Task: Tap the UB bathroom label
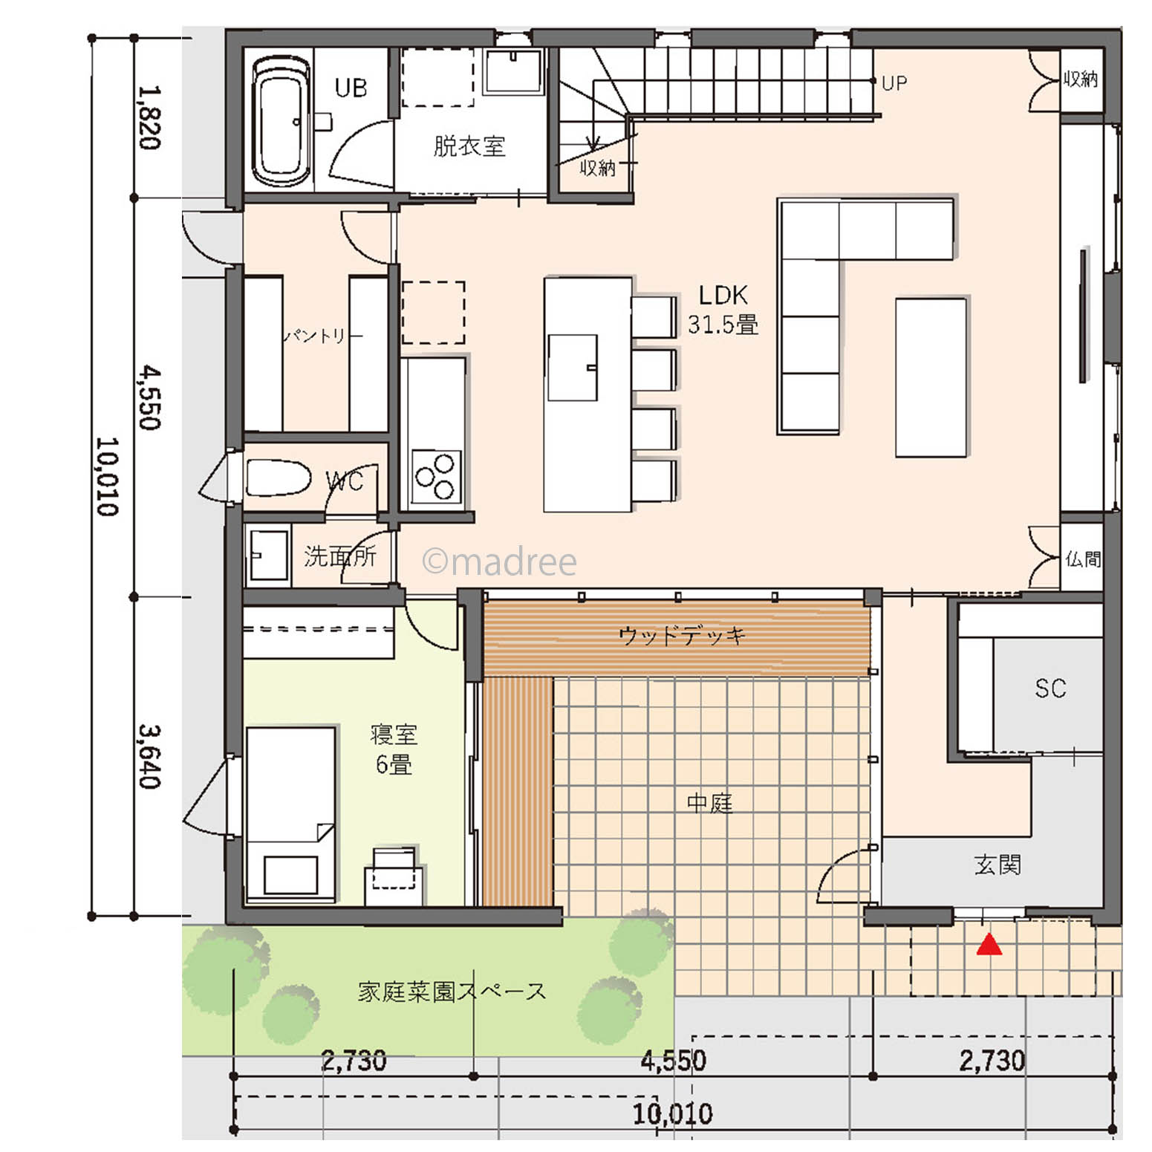tap(351, 88)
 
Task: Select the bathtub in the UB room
tap(281, 122)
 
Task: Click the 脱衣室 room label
tap(469, 146)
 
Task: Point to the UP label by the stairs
tap(894, 83)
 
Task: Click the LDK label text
tap(723, 295)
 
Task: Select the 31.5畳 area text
tap(723, 325)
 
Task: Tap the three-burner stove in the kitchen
tap(436, 476)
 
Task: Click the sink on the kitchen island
tap(573, 368)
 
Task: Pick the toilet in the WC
tap(278, 478)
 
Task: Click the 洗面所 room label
tap(340, 556)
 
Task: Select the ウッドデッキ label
tap(681, 635)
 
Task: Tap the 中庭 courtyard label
tap(709, 802)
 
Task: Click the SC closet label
tap(1050, 689)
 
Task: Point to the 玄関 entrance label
tap(997, 864)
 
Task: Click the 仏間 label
tap(1083, 559)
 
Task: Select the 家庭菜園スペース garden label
tap(452, 992)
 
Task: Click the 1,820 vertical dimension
tap(149, 117)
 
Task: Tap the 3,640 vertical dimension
tap(149, 757)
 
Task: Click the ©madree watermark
tap(499, 562)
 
